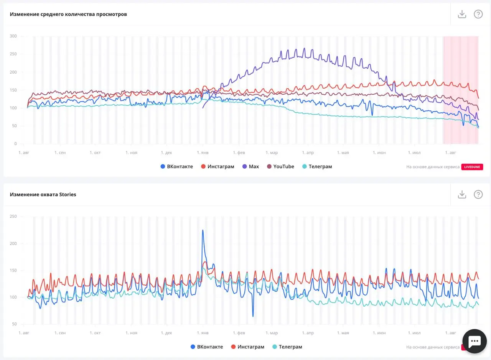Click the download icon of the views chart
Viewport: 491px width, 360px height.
point(462,14)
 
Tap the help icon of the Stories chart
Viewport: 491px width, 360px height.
point(478,194)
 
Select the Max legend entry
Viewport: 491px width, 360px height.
point(250,166)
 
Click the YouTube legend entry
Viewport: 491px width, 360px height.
point(280,166)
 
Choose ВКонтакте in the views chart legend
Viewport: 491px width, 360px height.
point(177,166)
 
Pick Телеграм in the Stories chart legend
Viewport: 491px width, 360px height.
point(287,347)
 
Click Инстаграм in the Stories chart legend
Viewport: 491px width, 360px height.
point(248,347)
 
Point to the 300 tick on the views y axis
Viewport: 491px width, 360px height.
point(13,36)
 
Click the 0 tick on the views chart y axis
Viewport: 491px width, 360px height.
point(15,144)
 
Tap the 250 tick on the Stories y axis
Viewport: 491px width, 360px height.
point(13,216)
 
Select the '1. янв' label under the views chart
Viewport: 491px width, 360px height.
point(203,153)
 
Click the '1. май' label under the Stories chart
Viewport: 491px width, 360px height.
point(343,333)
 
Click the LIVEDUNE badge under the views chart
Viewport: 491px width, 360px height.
point(472,167)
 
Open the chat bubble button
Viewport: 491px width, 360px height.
point(475,341)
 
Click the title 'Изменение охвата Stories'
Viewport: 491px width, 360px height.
point(43,195)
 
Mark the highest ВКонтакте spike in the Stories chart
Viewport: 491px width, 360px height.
point(203,230)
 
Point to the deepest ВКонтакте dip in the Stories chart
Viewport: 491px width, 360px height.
point(253,316)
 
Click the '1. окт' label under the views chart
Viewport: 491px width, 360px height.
point(95,153)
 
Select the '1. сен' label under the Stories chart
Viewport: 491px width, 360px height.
point(60,333)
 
